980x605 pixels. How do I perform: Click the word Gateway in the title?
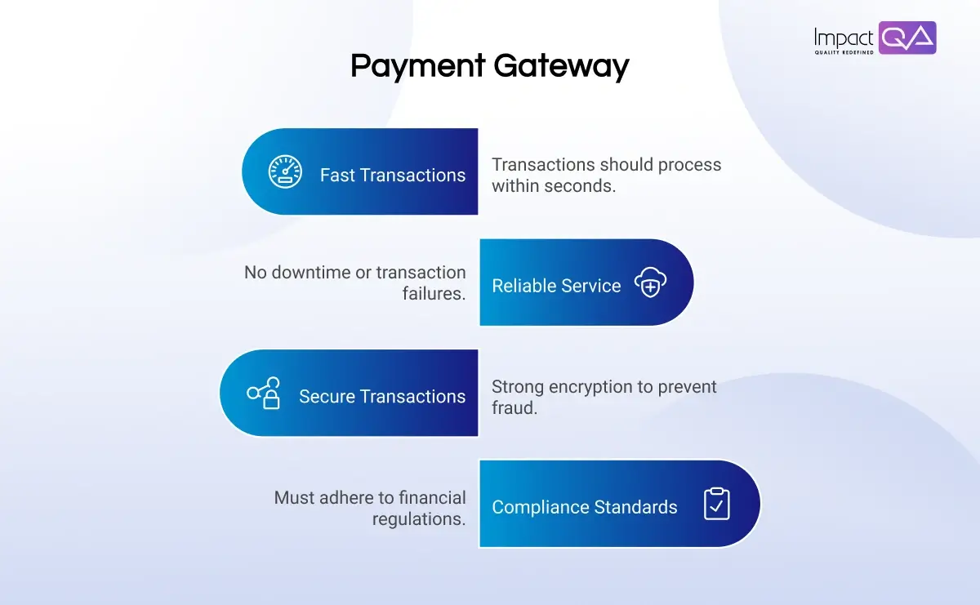tap(563, 66)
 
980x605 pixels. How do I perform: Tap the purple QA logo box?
tap(907, 38)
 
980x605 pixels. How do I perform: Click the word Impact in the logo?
tap(844, 37)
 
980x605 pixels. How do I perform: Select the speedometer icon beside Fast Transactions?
tap(285, 172)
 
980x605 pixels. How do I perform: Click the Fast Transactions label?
tap(392, 175)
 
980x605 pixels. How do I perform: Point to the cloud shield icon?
tap(651, 282)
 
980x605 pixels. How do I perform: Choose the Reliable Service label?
tap(556, 286)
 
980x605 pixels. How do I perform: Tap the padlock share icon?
tap(265, 394)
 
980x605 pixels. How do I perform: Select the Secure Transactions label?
tap(382, 396)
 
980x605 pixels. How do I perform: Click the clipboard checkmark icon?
tap(716, 504)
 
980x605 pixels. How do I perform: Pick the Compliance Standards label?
tap(584, 507)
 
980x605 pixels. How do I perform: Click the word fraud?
tap(514, 407)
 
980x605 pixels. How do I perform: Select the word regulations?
tap(419, 518)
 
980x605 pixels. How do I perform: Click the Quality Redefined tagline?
tap(844, 52)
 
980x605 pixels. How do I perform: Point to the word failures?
tap(434, 294)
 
